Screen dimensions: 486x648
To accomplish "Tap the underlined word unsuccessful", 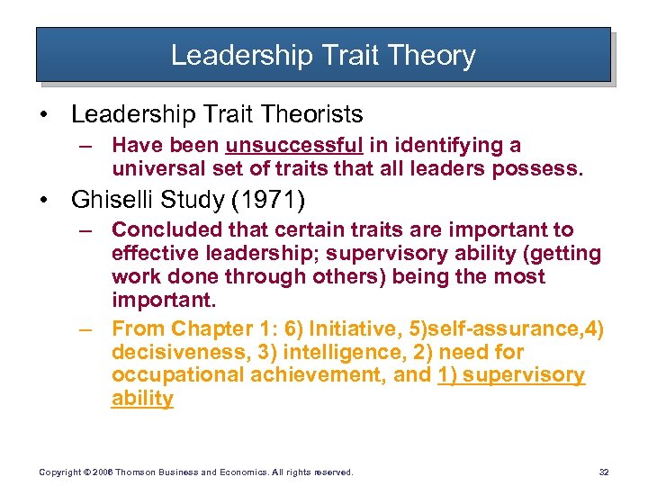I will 294,146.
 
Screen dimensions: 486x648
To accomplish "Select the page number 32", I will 603,472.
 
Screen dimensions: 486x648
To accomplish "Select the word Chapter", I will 211,328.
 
